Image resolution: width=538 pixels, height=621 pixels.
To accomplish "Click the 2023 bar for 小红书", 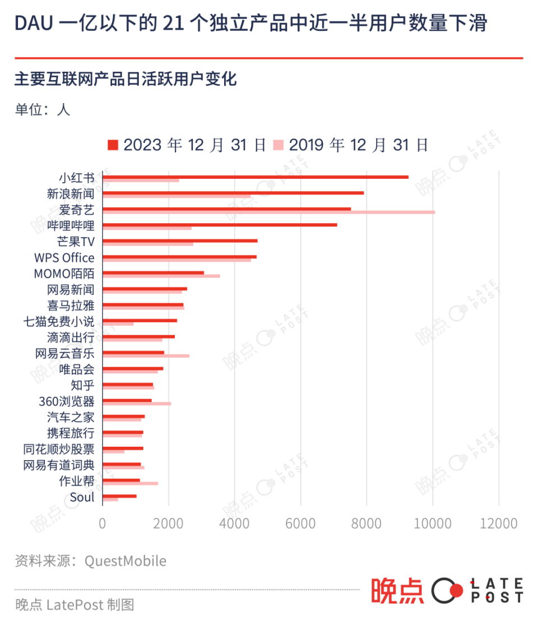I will (x=256, y=177).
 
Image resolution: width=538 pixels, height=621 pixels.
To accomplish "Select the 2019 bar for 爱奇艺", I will (x=269, y=212).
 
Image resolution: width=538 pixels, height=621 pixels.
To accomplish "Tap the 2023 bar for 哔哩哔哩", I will (x=220, y=225).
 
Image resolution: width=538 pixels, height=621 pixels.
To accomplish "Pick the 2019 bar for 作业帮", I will (x=130, y=483).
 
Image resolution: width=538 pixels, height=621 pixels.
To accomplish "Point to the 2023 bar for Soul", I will (x=119, y=495).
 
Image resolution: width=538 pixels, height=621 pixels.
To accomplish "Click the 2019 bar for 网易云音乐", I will (x=146, y=356).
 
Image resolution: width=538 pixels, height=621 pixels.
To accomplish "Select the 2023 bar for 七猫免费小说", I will (x=140, y=321).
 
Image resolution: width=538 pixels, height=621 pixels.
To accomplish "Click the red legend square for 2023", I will (x=113, y=145).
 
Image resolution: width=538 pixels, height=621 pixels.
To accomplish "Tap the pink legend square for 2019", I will (x=279, y=145).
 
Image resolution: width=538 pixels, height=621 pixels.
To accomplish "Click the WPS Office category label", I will (x=64, y=258).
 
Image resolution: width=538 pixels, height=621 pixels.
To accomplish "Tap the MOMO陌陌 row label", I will (x=64, y=274).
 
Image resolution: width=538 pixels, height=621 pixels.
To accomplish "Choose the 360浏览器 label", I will (x=67, y=401).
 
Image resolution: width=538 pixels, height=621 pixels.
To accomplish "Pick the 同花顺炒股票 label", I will (x=59, y=449).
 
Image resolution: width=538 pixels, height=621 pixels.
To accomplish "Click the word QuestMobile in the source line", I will (x=125, y=561).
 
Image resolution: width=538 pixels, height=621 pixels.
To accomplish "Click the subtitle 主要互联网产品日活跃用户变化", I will (x=126, y=79).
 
